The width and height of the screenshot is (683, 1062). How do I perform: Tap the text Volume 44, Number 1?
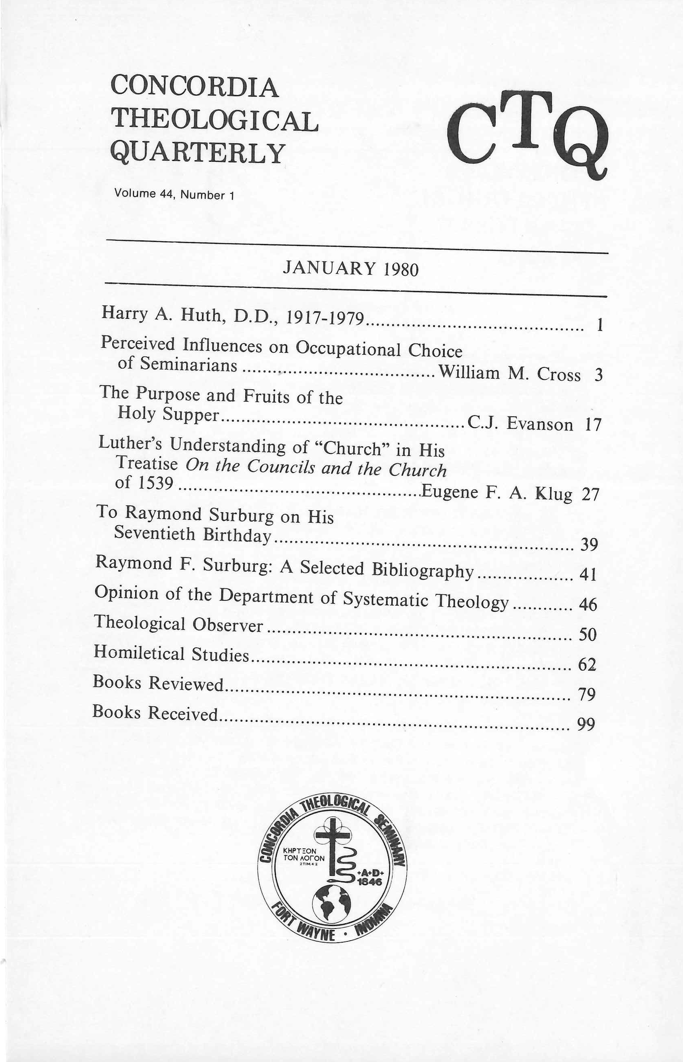coord(174,194)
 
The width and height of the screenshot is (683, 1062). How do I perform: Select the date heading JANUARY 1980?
coord(350,268)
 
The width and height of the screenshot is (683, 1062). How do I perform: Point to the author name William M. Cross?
coord(509,373)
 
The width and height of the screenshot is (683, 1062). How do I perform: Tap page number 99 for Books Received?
coord(585,724)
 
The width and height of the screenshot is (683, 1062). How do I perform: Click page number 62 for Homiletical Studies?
coord(587,664)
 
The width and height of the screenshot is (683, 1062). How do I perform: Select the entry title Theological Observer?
coord(178,624)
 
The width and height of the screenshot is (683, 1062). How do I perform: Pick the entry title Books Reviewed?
coord(158,683)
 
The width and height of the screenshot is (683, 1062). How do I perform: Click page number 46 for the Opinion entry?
coord(588,604)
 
